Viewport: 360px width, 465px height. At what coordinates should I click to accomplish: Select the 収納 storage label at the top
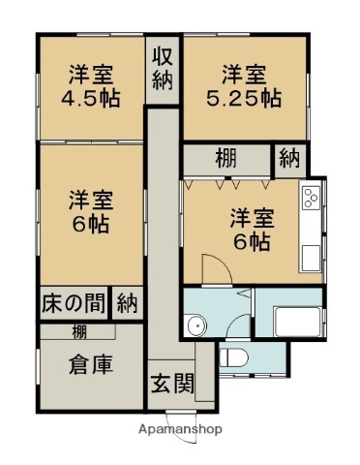[162, 66]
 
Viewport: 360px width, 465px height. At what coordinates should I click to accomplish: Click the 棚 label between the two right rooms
[225, 159]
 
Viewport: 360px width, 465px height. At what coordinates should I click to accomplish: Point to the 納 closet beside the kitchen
[287, 159]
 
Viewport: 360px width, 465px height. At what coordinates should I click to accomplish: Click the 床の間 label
[74, 302]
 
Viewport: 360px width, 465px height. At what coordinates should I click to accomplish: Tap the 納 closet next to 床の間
[127, 302]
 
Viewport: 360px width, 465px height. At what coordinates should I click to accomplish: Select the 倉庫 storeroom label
[91, 366]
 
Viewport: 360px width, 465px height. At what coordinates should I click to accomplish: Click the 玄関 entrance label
[171, 382]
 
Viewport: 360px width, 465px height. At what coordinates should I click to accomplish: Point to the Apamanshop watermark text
[181, 428]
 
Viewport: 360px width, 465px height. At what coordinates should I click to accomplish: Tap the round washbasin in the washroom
[199, 325]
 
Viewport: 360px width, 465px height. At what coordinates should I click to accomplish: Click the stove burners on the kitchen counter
[311, 199]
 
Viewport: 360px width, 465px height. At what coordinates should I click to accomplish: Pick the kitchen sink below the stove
[311, 258]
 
